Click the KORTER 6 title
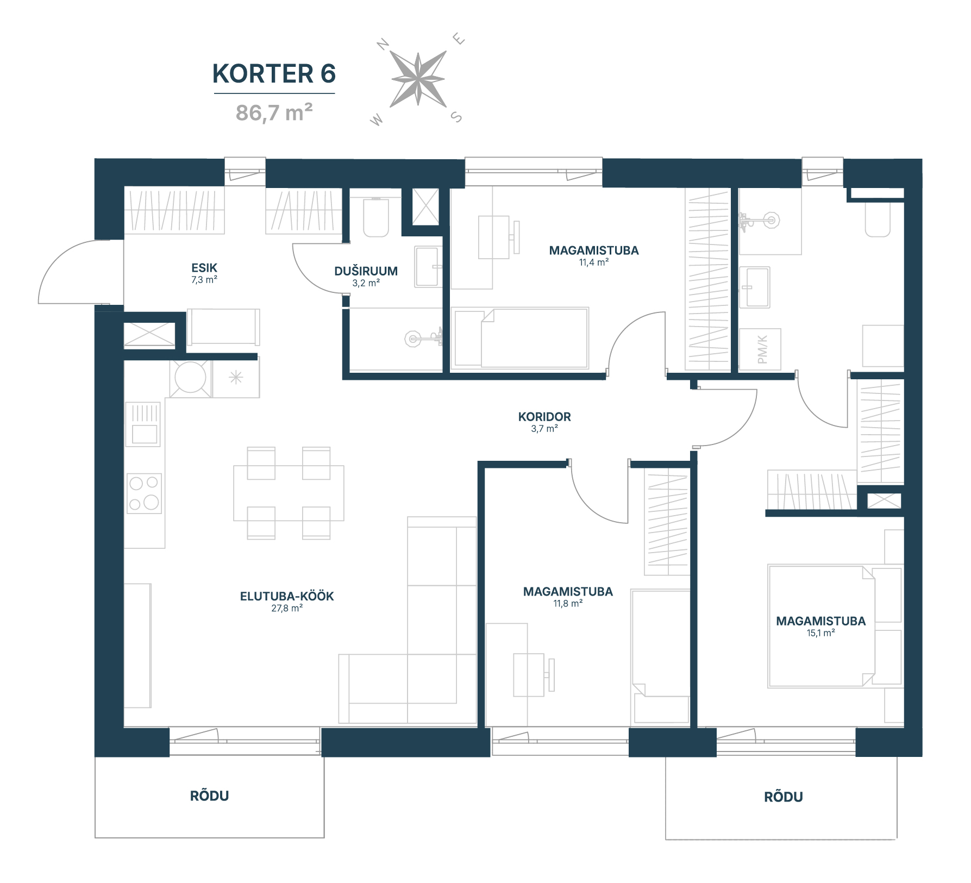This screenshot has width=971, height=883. point(274,74)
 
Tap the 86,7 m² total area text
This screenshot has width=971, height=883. point(274,112)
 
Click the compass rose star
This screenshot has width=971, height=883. point(418,79)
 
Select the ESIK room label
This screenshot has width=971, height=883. point(204,267)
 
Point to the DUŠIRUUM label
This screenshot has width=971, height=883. point(366,271)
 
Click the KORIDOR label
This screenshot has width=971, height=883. point(544,417)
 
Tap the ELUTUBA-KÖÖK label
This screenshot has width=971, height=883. point(287,596)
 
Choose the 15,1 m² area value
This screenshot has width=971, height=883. point(820,633)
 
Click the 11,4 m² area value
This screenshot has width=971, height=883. point(593,262)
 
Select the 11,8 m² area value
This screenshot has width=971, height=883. point(568,603)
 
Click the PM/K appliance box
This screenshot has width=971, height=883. point(761,349)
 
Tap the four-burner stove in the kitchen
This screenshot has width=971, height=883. point(144,493)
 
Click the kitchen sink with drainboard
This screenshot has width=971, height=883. point(144,424)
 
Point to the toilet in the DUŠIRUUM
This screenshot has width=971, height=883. point(375,217)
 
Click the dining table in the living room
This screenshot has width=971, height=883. point(289,493)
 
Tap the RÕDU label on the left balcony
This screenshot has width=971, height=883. point(209,796)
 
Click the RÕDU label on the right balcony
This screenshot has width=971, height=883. point(783,797)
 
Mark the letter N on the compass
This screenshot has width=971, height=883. point(384,44)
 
